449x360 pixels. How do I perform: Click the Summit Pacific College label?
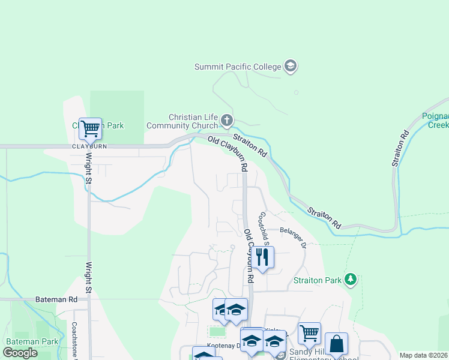pyautogui.click(x=238, y=67)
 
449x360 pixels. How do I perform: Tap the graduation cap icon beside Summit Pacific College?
pyautogui.click(x=291, y=66)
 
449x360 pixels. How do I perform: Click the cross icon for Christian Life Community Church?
pyautogui.click(x=227, y=121)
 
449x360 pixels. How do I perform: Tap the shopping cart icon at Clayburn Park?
pyautogui.click(x=90, y=128)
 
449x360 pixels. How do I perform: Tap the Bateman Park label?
pyautogui.click(x=32, y=341)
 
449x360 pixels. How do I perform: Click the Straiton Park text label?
pyautogui.click(x=318, y=280)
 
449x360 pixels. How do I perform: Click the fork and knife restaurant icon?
pyautogui.click(x=263, y=257)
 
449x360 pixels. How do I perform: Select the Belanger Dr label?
pyautogui.click(x=294, y=237)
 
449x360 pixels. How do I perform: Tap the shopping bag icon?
pyautogui.click(x=337, y=344)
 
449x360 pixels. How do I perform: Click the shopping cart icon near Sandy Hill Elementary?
pyautogui.click(x=309, y=333)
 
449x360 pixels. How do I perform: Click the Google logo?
pyautogui.click(x=20, y=353)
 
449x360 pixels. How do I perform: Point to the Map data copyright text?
pyautogui.click(x=423, y=355)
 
